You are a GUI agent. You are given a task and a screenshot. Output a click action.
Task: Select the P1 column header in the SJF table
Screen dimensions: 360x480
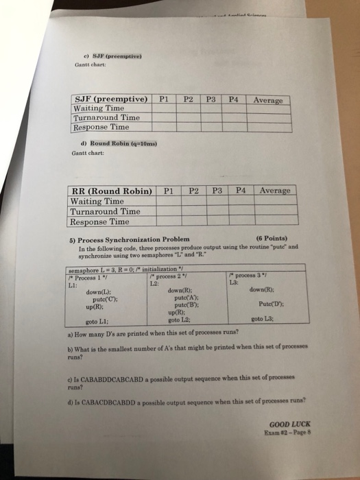(x=163, y=99)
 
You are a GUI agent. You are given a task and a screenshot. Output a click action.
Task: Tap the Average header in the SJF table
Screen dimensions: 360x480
(x=267, y=100)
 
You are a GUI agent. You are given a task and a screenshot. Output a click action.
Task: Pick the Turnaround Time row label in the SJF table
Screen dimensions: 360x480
(x=106, y=118)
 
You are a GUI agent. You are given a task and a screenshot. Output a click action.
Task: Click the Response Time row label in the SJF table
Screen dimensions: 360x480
(x=101, y=127)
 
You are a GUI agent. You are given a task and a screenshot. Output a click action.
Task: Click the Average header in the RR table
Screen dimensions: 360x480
(x=275, y=190)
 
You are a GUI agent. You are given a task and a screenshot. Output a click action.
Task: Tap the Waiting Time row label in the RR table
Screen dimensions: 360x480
(x=97, y=202)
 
